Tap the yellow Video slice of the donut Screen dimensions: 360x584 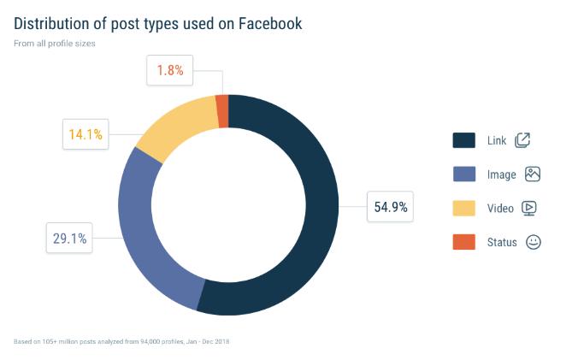point(175,128)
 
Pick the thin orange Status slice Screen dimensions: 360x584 point(222,110)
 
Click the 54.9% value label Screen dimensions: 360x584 point(391,206)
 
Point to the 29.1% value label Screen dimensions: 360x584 point(70,239)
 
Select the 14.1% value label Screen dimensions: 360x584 point(86,133)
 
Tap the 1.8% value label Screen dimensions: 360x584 point(170,70)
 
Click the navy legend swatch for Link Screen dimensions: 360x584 point(464,140)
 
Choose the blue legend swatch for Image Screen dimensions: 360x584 point(464,174)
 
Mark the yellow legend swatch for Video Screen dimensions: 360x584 point(464,208)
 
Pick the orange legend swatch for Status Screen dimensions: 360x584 point(464,242)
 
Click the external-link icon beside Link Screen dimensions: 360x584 point(523,140)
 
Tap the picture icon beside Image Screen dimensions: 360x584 point(533,174)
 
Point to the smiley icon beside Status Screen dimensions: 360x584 point(534,242)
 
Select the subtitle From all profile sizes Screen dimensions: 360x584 point(54,43)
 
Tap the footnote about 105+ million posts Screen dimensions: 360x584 point(121,341)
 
